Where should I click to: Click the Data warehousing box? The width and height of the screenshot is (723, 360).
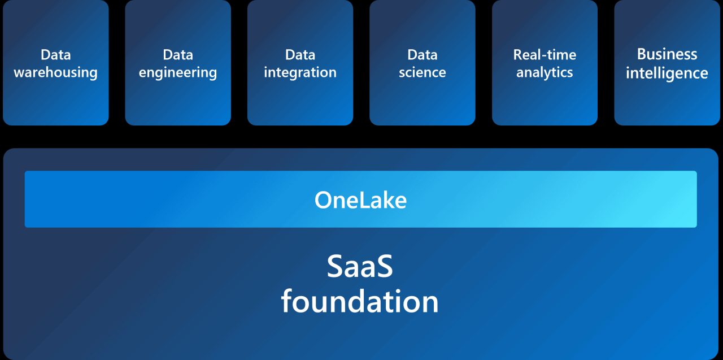pos(55,62)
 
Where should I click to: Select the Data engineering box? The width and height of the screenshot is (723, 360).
pos(178,62)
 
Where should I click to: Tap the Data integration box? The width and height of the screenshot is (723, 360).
pos(300,62)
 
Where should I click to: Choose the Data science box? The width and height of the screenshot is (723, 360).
pos(422,62)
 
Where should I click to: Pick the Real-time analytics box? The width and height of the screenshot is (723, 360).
pos(545,62)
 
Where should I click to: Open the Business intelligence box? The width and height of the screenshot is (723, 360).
pos(667,62)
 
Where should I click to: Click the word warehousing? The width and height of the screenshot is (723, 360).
pos(55,73)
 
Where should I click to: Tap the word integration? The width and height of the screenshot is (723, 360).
pos(300,73)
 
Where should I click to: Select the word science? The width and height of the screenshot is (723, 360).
pos(422,73)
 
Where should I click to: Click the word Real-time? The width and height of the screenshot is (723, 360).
pos(545,55)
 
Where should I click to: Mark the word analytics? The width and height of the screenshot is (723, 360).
pos(545,73)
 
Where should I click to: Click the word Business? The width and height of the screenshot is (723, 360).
pos(667,54)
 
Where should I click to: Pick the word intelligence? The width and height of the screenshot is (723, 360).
pos(667,73)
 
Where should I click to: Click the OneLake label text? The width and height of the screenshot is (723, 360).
pos(360,200)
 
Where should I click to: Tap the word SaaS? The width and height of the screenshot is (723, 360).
pos(360,267)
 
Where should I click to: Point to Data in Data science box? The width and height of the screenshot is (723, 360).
pos(422,55)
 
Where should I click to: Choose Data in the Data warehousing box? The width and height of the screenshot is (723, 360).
pos(55,55)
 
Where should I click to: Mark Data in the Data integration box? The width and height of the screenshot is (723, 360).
pos(300,55)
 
